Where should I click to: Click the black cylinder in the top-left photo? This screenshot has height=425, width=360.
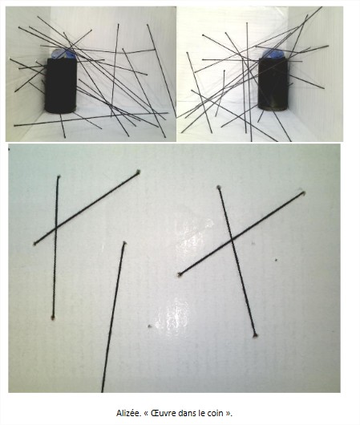pyautogui.click(x=61, y=85)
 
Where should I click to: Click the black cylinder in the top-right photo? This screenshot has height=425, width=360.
pyautogui.click(x=273, y=84)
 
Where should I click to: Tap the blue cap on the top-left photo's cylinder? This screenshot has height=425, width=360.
pyautogui.click(x=64, y=54)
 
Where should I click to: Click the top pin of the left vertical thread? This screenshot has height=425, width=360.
pyautogui.click(x=59, y=176)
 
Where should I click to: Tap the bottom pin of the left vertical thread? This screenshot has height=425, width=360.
pyautogui.click(x=53, y=318)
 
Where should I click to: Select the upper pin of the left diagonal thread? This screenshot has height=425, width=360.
pyautogui.click(x=138, y=172)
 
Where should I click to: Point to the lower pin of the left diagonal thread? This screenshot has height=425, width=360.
pyautogui.click(x=34, y=244)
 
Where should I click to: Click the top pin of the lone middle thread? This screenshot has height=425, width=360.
pyautogui.click(x=124, y=243)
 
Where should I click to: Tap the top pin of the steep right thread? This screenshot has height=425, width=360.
pyautogui.click(x=219, y=187)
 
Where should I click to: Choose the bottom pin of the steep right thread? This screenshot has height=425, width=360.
pyautogui.click(x=255, y=335)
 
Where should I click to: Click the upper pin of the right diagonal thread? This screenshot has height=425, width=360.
pyautogui.click(x=304, y=193)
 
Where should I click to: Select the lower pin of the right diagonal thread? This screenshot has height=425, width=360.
pyautogui.click(x=179, y=275)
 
